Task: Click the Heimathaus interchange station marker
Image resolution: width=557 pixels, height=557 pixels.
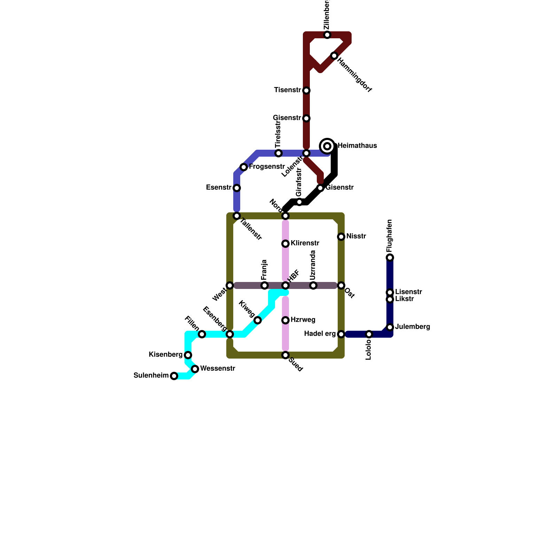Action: (x=327, y=146)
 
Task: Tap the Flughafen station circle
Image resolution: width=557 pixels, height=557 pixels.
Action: (x=390, y=258)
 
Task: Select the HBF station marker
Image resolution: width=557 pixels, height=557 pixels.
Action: (x=285, y=285)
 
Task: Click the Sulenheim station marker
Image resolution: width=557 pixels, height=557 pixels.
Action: (x=174, y=376)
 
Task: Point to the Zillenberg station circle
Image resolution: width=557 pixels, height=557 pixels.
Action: (x=327, y=35)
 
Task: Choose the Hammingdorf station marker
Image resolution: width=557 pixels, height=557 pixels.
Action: (x=334, y=56)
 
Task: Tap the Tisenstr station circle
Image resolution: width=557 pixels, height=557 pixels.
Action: (x=306, y=91)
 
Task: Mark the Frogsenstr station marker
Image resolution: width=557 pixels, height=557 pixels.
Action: (x=244, y=167)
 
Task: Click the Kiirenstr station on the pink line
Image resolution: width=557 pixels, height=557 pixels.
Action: (x=285, y=244)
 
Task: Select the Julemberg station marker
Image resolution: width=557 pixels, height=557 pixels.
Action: (x=390, y=327)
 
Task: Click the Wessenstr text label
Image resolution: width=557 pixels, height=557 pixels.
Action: (x=218, y=368)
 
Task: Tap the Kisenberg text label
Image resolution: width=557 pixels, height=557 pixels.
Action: (x=165, y=355)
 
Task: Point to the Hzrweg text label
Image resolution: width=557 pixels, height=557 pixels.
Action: (x=303, y=320)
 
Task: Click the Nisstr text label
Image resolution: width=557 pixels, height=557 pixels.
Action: (x=356, y=236)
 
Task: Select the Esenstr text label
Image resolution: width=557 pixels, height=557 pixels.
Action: (x=219, y=188)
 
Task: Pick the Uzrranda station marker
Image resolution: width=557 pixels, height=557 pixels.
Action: (x=313, y=285)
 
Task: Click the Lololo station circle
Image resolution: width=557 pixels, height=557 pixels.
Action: (x=369, y=334)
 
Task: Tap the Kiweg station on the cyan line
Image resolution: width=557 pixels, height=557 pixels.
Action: (x=258, y=320)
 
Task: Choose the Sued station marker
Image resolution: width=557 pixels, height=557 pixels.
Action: (x=285, y=355)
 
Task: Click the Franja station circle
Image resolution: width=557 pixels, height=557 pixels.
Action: (x=265, y=285)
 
